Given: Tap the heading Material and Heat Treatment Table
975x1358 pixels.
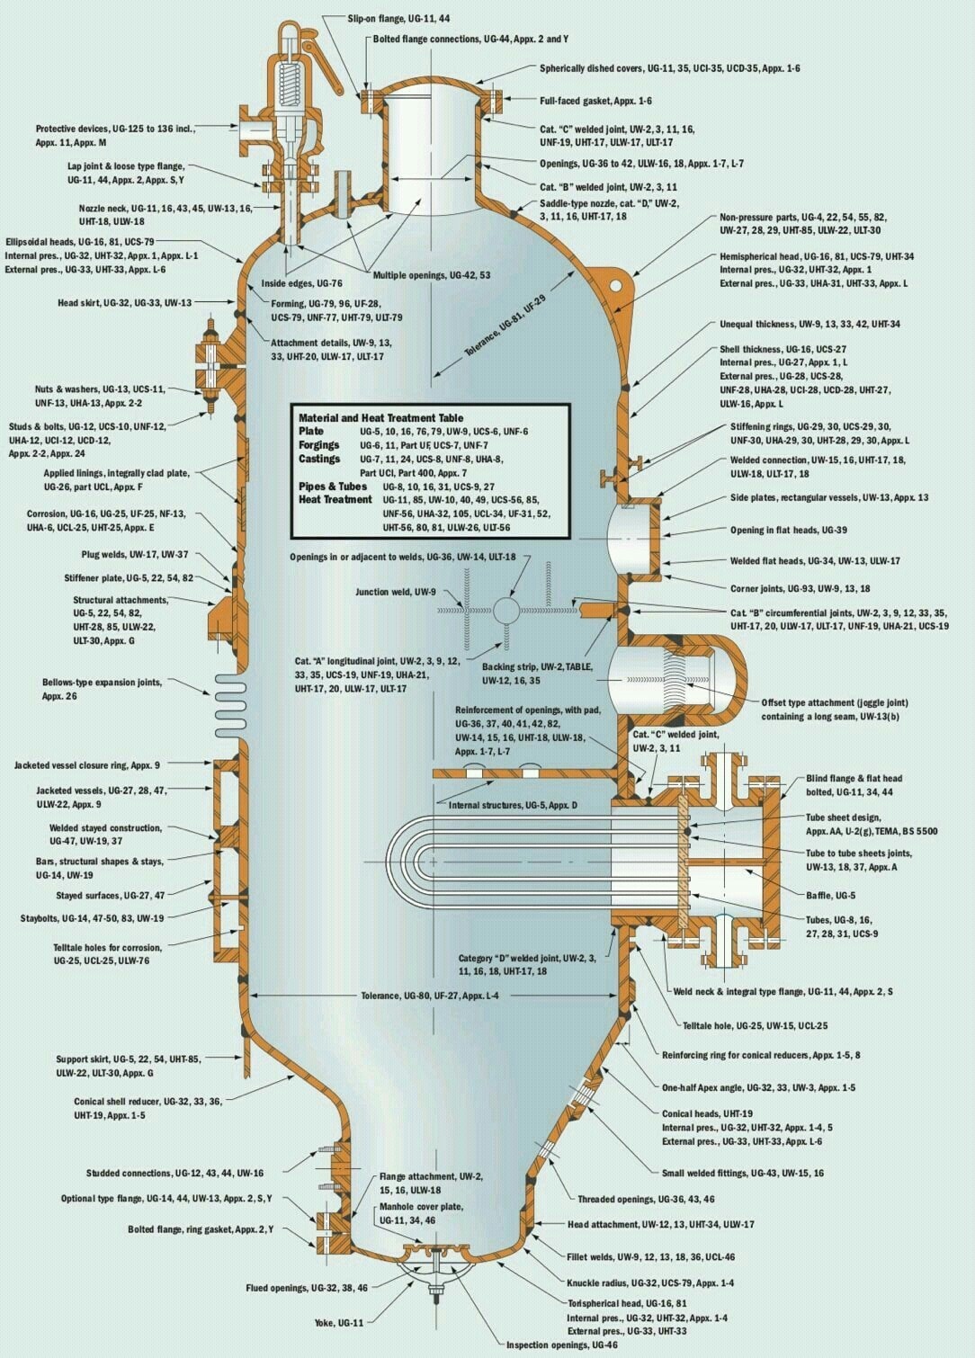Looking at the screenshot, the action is [380, 417].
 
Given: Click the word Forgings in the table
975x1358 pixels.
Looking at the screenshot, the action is [319, 445].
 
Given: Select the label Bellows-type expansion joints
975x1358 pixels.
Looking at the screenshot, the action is [102, 689].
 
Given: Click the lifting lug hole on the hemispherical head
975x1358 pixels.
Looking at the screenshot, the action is [616, 285].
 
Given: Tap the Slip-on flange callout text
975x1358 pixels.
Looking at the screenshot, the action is [398, 19].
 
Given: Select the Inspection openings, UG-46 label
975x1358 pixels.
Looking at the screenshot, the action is [562, 1345].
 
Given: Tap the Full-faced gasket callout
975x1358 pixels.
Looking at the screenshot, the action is [595, 101].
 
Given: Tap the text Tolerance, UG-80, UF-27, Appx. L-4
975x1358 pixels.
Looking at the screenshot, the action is [430, 996].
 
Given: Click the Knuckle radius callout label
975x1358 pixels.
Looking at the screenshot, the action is [650, 1282].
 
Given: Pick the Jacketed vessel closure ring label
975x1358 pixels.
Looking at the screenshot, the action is [87, 765].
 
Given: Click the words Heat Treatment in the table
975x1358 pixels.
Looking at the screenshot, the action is [335, 499].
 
